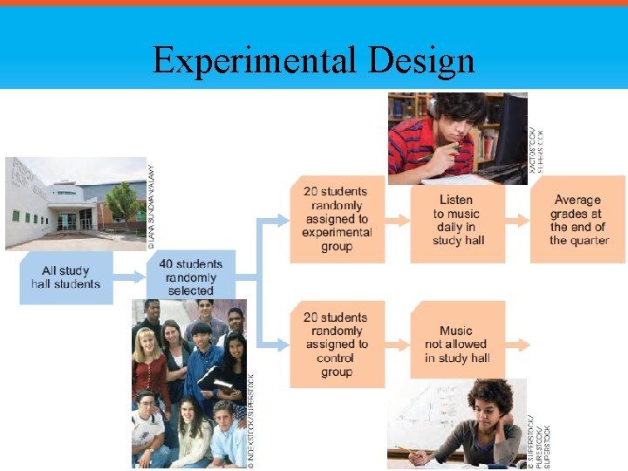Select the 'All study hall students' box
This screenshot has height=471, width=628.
click(x=66, y=277)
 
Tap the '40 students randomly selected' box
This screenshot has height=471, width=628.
click(x=191, y=276)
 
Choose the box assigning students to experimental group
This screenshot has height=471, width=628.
click(x=337, y=219)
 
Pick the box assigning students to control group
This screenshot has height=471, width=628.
click(x=337, y=345)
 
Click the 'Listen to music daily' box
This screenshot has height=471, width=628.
click(x=458, y=220)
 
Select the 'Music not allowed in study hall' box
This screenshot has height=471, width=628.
click(x=457, y=344)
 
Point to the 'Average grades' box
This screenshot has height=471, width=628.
click(x=577, y=220)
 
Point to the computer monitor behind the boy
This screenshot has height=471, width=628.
click(x=509, y=131)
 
